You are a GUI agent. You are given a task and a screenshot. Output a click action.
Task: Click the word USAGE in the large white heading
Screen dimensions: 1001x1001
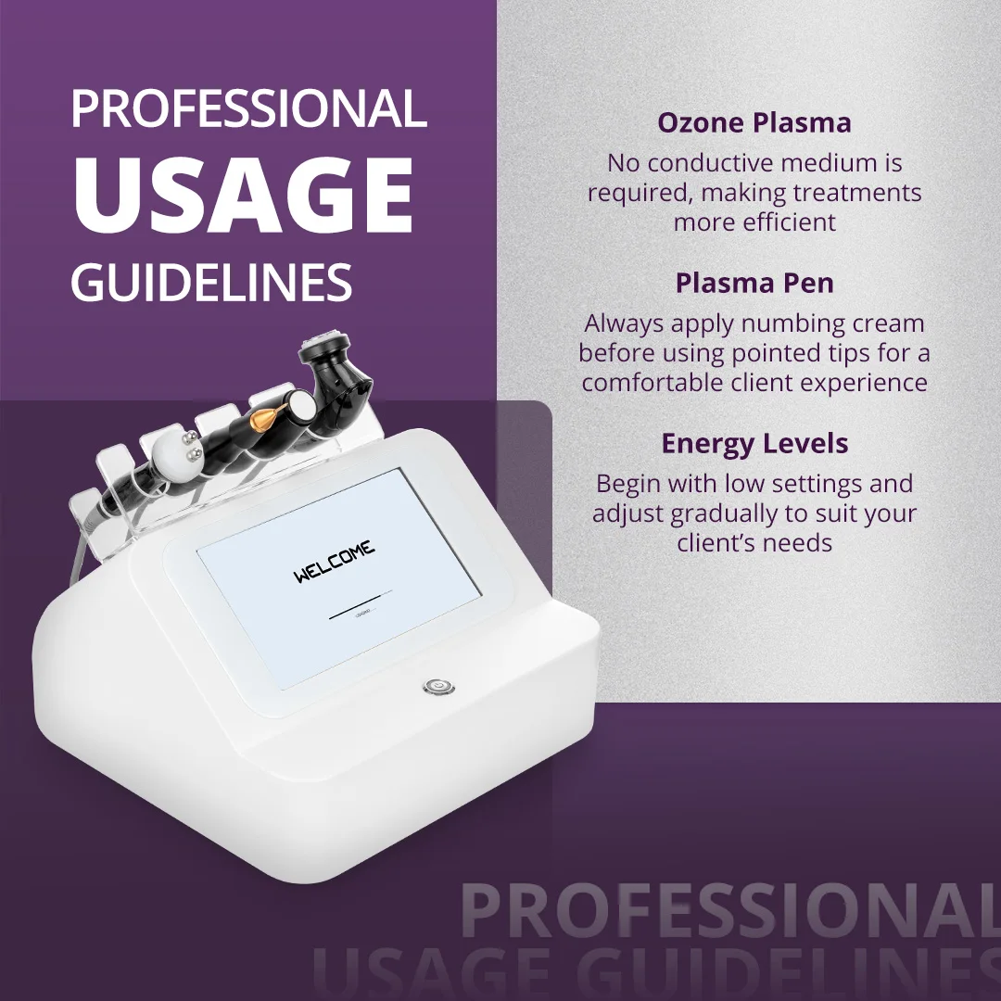coord(243,197)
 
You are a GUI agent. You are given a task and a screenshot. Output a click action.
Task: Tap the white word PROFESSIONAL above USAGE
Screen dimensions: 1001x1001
coord(248,109)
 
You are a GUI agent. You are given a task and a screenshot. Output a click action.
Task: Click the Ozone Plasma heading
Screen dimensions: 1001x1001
coord(754,122)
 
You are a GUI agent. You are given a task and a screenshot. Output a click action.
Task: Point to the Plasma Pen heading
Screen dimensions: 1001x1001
coord(754,283)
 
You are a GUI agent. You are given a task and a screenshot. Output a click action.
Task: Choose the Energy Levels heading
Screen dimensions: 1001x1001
coord(754,443)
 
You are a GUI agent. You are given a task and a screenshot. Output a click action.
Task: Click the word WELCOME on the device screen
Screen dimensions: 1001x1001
coord(335,563)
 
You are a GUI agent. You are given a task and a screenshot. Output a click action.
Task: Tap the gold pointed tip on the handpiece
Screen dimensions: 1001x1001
coord(268,405)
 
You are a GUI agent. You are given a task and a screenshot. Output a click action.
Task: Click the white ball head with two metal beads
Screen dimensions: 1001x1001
coord(171,451)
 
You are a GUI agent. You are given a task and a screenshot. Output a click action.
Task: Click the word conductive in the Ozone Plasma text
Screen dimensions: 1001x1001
coord(711,163)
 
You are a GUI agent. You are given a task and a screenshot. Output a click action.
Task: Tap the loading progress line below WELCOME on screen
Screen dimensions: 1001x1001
coord(361,612)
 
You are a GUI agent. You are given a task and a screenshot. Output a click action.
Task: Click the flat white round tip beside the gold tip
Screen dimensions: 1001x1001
coord(298,399)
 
